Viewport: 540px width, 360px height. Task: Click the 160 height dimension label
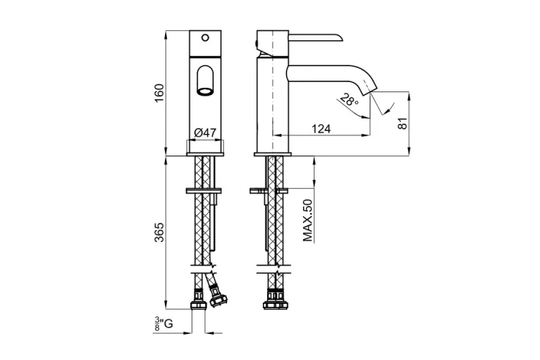[x=159, y=92]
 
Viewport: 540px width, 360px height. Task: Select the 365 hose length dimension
[x=159, y=232]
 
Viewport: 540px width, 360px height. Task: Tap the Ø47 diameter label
[x=205, y=133]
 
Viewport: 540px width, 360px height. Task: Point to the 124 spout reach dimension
[x=321, y=129]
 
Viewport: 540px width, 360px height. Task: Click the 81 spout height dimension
[x=402, y=123]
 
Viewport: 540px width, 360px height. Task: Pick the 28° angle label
[x=349, y=100]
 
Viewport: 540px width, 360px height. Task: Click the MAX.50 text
[x=307, y=220]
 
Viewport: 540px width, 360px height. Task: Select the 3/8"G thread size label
[x=163, y=324]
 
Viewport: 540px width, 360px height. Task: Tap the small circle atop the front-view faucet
[x=205, y=37]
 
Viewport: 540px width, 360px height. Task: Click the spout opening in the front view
[x=205, y=91]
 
